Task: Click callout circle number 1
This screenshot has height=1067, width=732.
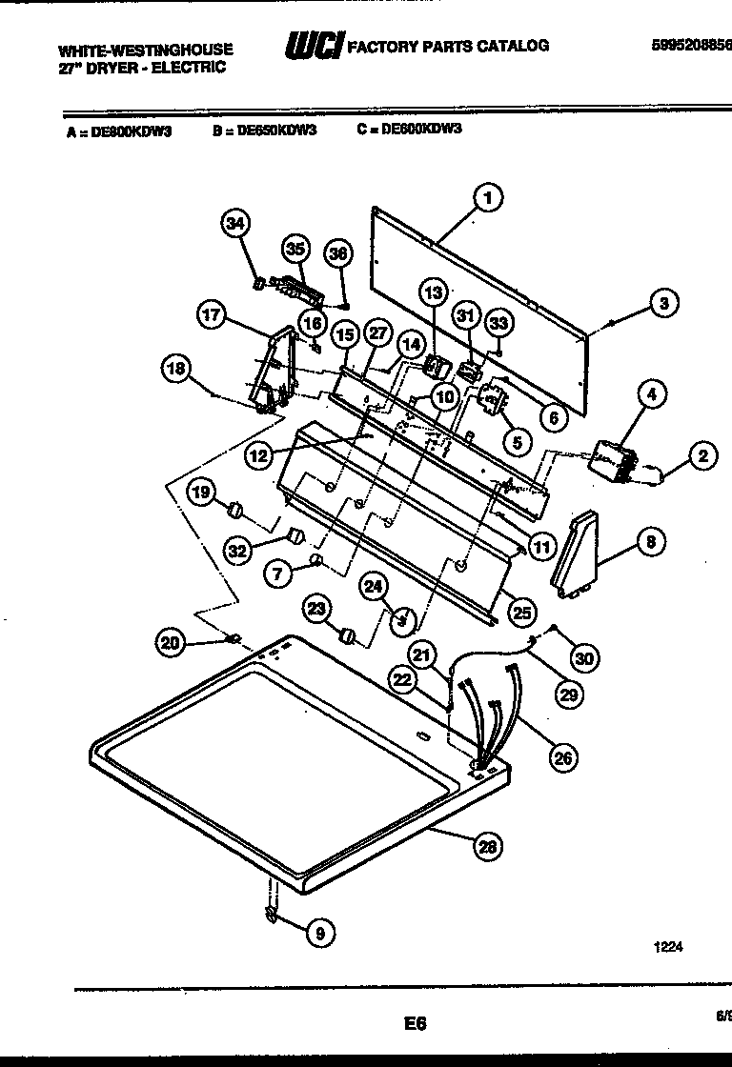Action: coord(487,199)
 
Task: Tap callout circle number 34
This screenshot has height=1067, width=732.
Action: coord(234,224)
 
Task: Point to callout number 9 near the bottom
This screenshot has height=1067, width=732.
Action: coord(320,935)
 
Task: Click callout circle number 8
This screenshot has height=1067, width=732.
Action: coord(651,543)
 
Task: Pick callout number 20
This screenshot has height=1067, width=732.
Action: coord(170,644)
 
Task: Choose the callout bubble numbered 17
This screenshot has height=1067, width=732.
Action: coord(213,315)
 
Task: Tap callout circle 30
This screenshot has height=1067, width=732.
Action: coord(585,656)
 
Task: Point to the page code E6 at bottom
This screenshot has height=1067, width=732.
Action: coord(414,1024)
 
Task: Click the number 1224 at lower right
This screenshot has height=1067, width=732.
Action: coord(668,947)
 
